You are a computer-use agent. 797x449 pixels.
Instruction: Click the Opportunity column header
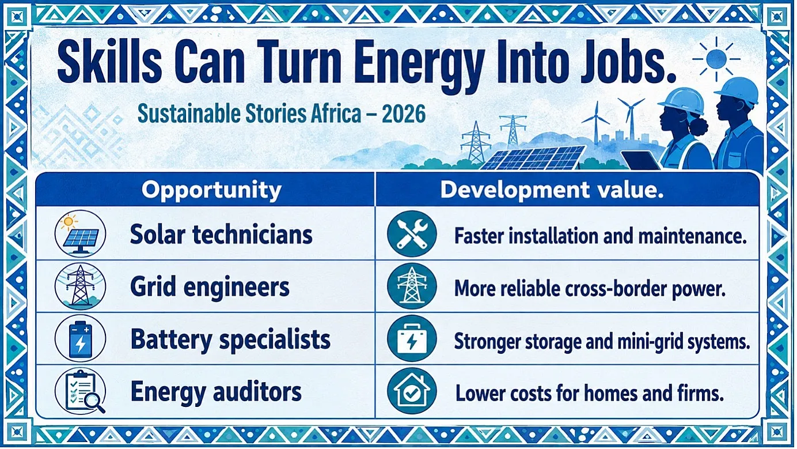tap(211, 190)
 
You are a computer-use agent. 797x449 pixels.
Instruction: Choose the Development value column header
tap(552, 190)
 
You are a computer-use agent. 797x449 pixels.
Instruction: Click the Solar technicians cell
tap(221, 235)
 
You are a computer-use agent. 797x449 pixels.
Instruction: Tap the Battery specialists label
tap(230, 339)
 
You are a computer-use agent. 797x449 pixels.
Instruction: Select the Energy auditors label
tap(216, 392)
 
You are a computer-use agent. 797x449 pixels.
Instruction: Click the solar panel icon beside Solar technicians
tap(81, 234)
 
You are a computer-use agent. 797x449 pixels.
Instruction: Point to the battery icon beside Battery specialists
tap(81, 338)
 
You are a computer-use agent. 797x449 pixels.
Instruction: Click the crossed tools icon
tap(412, 234)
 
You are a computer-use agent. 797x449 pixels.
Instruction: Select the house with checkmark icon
tap(412, 391)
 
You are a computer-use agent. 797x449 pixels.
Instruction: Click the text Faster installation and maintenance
tap(601, 236)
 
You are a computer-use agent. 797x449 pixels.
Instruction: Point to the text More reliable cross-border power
tap(590, 288)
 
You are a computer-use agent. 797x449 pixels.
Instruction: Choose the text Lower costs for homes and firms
tap(590, 393)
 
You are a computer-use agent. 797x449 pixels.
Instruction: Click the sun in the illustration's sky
tap(716, 59)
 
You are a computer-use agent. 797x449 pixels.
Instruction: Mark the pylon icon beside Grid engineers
tap(81, 286)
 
